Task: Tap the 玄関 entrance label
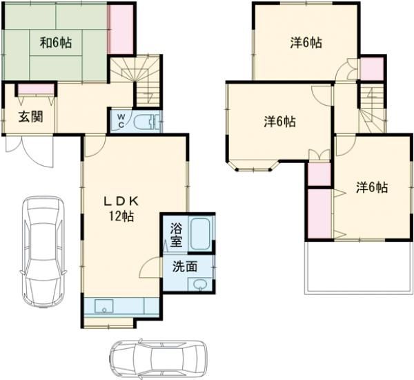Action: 30,115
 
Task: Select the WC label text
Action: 120,121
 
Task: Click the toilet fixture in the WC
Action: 146,123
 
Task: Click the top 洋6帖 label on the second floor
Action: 304,43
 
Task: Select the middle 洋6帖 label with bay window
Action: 279,122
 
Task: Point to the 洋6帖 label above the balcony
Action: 372,187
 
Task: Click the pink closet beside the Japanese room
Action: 121,29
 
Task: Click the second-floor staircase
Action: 371,107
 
